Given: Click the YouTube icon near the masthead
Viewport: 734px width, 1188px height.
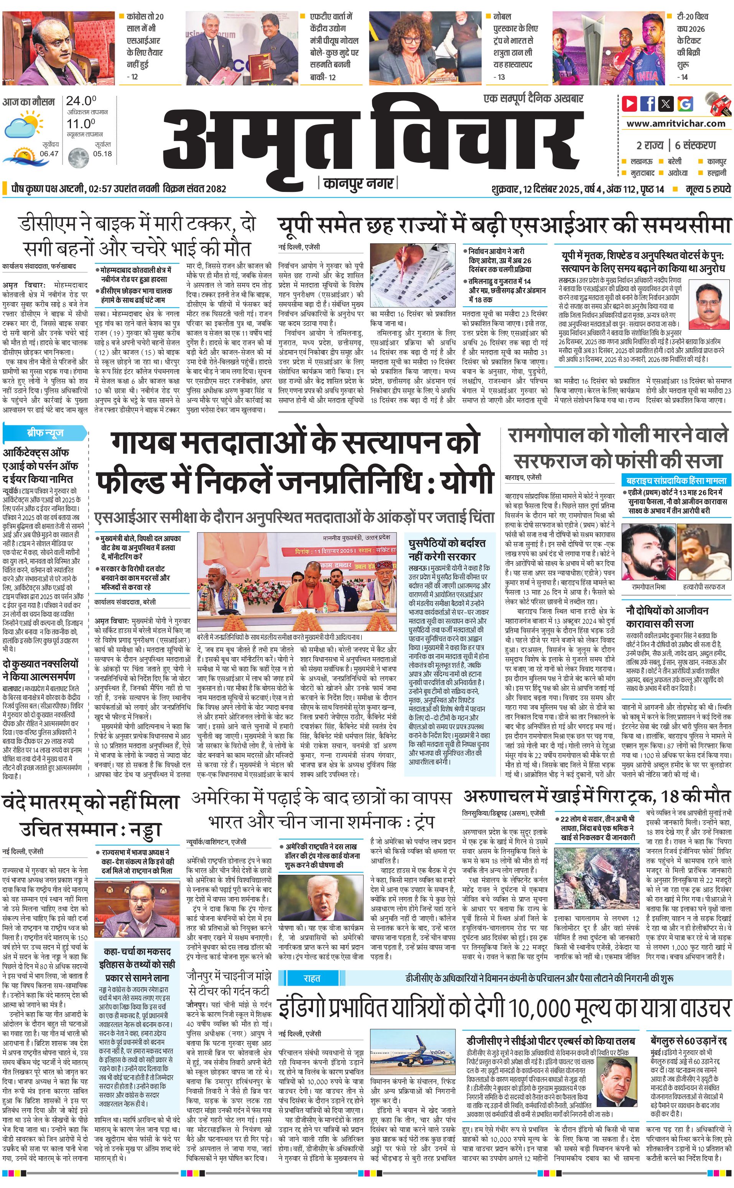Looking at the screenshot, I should click(630, 104).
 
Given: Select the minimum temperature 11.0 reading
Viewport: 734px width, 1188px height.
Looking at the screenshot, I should click(81, 124).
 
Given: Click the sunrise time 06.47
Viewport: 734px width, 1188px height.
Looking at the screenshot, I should click(49, 154).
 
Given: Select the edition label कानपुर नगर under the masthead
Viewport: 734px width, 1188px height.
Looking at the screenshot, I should click(358, 183).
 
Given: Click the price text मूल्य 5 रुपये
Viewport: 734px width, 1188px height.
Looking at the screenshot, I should click(708, 189).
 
